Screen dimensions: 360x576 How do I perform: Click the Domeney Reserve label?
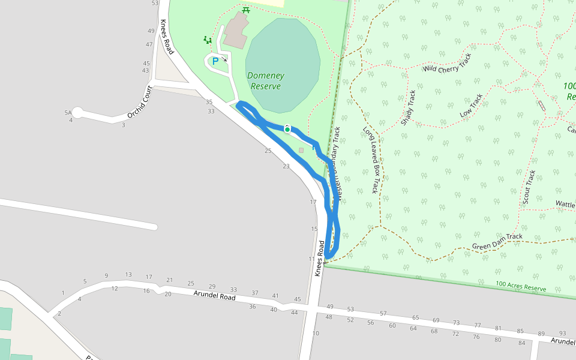(x=266, y=81)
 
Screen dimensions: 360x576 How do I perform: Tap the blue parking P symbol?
(x=215, y=61)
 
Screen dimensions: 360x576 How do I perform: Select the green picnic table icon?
(x=245, y=10)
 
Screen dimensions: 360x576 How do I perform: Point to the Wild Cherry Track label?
(x=448, y=62)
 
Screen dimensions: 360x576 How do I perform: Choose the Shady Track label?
(x=409, y=108)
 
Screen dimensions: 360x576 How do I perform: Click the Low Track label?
(x=471, y=106)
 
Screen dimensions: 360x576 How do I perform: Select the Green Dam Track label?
(x=497, y=241)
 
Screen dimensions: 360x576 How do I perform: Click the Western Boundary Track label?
(x=337, y=163)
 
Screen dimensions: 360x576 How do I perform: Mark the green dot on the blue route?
(x=287, y=130)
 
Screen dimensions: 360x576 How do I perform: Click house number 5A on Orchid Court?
(x=68, y=112)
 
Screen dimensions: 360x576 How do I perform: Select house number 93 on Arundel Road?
(x=562, y=333)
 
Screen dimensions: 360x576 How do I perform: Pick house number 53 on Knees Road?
(x=155, y=3)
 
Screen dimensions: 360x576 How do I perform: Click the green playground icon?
(x=208, y=40)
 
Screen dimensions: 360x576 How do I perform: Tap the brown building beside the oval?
(x=236, y=30)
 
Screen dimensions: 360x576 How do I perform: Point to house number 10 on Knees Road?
(x=316, y=333)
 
